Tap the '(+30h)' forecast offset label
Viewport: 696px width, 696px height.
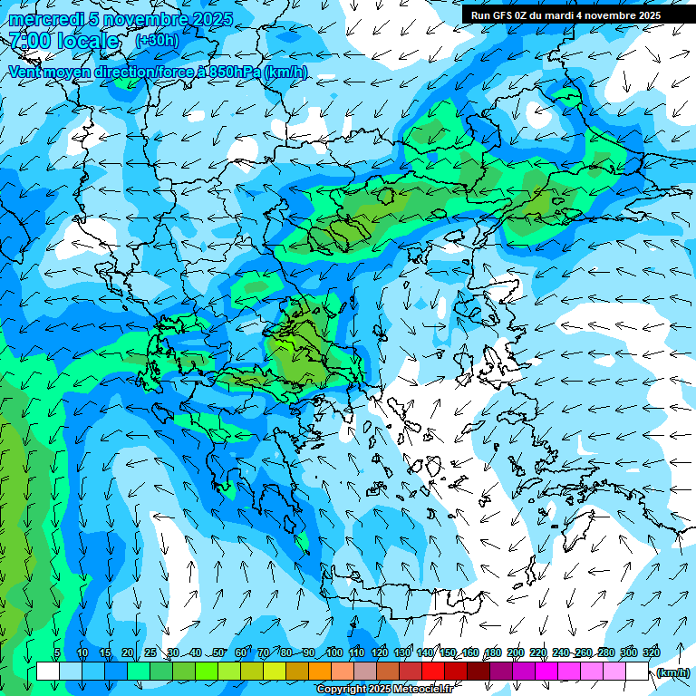(157, 41)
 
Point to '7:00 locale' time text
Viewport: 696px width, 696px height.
(63, 41)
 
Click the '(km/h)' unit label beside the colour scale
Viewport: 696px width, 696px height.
(672, 672)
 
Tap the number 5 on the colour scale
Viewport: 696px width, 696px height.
(57, 652)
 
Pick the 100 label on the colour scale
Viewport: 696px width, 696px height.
(333, 652)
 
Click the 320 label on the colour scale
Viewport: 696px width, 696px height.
(651, 652)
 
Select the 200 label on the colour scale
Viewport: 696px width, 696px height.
(516, 652)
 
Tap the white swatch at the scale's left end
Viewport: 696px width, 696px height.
(48, 672)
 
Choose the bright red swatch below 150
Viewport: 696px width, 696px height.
(433, 672)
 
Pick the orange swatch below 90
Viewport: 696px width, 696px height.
(320, 672)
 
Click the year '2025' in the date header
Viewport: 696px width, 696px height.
(213, 19)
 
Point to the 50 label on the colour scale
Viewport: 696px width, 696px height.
(218, 652)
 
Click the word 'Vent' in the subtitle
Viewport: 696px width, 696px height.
(24, 72)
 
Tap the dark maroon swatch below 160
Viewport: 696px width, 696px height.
(478, 672)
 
